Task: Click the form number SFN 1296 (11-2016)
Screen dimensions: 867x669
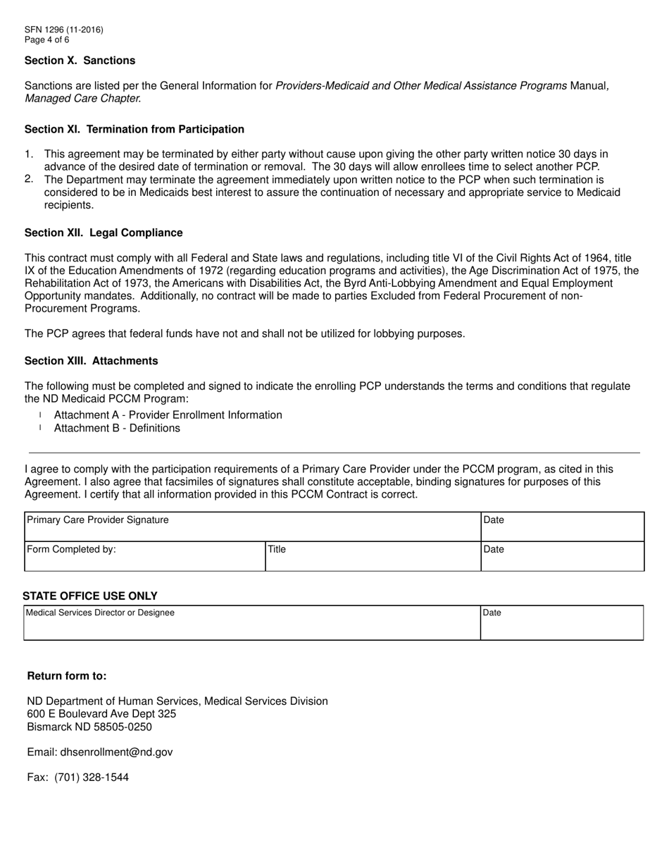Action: click(63, 30)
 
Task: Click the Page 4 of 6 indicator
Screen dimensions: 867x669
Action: click(46, 39)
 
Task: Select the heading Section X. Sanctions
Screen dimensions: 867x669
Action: click(80, 61)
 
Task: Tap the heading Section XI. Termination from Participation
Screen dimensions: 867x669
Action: click(135, 129)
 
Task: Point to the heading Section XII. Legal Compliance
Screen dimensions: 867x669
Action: click(104, 233)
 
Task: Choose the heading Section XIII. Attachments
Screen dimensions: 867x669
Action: click(91, 361)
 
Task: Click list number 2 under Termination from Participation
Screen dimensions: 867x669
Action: click(29, 179)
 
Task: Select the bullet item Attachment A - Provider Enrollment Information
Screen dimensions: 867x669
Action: click(168, 415)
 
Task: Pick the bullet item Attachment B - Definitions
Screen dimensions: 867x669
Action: click(117, 428)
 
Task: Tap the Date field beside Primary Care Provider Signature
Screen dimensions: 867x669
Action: click(562, 527)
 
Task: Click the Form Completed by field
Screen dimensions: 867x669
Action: click(144, 556)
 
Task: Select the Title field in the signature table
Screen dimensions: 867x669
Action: click(373, 556)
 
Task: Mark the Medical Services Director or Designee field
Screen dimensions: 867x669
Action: click(252, 623)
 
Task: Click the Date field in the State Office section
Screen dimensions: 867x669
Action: click(561, 623)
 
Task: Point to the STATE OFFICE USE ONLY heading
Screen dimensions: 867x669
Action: click(90, 596)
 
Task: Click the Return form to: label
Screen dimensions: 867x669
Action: click(67, 676)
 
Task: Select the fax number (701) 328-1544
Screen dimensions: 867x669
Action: click(92, 777)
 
